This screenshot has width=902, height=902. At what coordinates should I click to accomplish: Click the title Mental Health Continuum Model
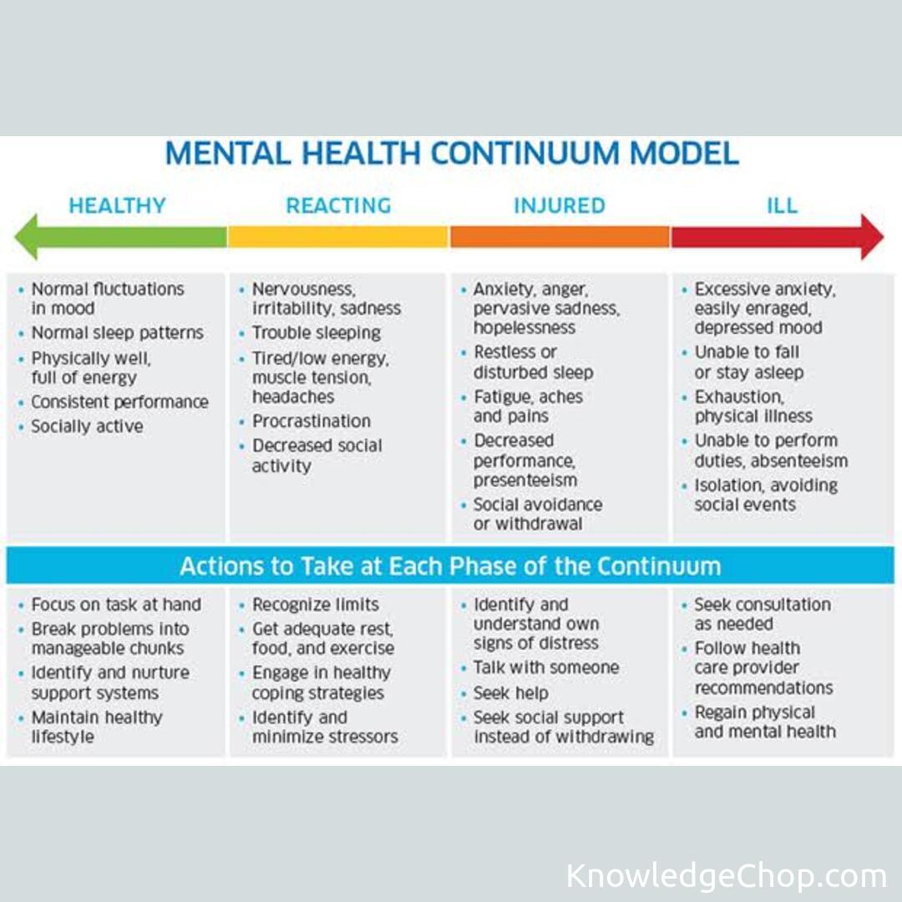point(451,154)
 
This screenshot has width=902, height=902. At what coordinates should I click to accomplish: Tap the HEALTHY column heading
point(117,205)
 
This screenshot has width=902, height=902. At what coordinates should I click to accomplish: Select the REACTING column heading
point(338,205)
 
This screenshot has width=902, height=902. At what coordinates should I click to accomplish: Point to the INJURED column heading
point(559,205)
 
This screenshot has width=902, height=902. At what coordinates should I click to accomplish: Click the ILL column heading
point(782,205)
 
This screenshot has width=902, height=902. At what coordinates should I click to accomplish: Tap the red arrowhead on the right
point(871,236)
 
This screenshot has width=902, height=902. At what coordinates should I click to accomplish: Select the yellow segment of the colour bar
point(337,237)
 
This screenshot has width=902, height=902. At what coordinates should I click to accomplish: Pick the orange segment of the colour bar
point(559,237)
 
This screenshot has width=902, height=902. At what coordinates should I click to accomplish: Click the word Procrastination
point(311,421)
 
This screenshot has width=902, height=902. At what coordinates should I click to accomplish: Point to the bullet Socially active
point(87,426)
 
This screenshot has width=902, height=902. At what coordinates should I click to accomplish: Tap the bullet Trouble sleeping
point(316,332)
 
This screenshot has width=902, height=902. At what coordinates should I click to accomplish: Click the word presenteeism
point(525,480)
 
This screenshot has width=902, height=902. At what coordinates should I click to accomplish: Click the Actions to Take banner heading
point(450,565)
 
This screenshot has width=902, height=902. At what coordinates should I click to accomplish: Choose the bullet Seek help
point(510,693)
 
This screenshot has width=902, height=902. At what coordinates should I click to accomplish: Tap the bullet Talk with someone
point(546,667)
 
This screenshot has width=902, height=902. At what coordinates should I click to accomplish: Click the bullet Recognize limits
point(315,604)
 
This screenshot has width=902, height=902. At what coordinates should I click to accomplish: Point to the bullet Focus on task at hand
point(116,604)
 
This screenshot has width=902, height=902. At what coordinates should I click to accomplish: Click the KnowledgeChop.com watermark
point(726,876)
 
